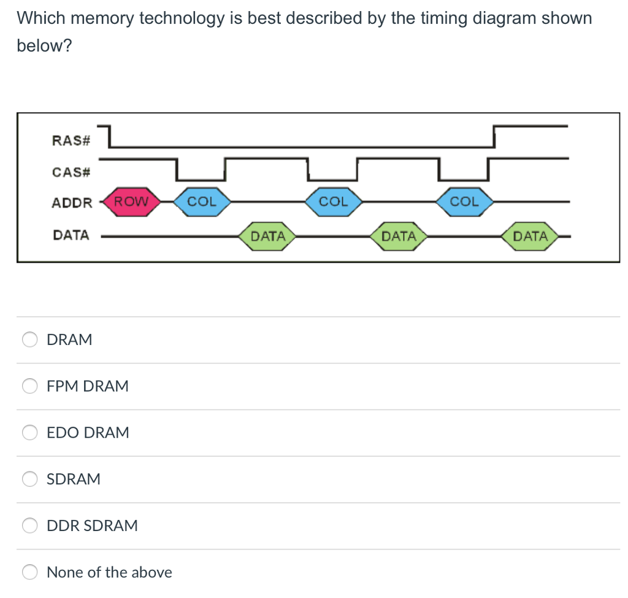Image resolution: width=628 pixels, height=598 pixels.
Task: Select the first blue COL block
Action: pos(201,201)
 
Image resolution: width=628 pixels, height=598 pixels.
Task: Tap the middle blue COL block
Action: pos(333,201)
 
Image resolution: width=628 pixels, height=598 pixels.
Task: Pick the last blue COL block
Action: pos(464,201)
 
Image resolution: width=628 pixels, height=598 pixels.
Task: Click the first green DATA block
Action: pos(268,236)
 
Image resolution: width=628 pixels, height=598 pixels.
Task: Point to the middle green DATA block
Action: pos(399,236)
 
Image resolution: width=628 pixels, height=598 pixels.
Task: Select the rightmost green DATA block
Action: pos(530,236)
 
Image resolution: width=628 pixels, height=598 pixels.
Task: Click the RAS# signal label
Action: pos(71,141)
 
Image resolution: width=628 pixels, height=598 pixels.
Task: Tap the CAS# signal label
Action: pos(71,172)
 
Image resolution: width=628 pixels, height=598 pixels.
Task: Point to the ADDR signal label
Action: pos(72,203)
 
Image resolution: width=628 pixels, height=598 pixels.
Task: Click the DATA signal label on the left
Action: pos(71,235)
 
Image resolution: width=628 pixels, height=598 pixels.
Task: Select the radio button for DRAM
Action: pos(30,340)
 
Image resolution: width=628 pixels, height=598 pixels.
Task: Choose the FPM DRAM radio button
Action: pos(30,386)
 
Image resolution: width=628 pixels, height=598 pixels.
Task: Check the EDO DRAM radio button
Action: pos(30,432)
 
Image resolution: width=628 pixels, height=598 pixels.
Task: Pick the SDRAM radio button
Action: pos(30,479)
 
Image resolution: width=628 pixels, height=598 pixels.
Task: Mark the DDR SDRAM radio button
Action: pos(30,526)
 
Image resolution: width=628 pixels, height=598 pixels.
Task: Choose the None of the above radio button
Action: pos(30,572)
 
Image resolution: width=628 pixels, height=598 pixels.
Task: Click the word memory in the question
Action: pos(102,18)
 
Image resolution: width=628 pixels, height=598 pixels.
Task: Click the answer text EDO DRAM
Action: pos(88,432)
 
